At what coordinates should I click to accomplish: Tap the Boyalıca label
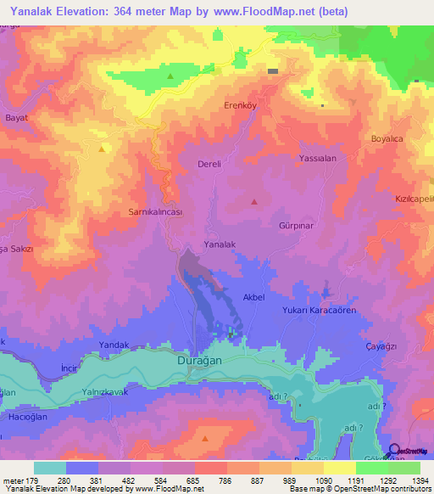[388, 138]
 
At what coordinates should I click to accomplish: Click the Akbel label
[254, 298]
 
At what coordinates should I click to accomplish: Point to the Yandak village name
[114, 345]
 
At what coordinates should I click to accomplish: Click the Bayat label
[17, 117]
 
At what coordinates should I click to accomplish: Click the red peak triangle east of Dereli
[255, 201]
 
